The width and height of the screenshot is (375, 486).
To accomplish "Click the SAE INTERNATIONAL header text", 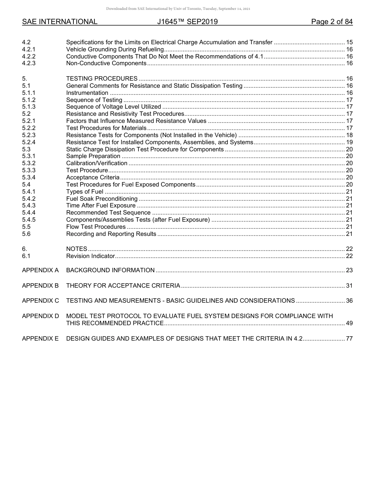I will click(x=60, y=22).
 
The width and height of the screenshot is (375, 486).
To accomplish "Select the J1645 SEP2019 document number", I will click(x=187, y=22).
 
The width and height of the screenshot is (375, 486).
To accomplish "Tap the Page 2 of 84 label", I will click(x=332, y=22).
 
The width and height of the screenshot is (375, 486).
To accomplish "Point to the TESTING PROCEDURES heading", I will click(x=102, y=79).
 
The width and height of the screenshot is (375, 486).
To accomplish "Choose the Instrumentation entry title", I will click(x=87, y=93).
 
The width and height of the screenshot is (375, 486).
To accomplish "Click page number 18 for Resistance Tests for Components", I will click(x=349, y=135).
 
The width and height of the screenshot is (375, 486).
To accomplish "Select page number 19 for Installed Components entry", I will click(x=349, y=142).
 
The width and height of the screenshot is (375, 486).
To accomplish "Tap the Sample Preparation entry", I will click(x=93, y=156).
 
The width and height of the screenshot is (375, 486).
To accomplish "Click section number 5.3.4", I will click(x=29, y=177).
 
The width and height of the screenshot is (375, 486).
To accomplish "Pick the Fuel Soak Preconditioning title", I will click(x=102, y=199).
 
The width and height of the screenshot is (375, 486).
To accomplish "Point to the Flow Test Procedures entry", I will click(x=96, y=227).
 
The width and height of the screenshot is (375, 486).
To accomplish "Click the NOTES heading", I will click(x=77, y=249).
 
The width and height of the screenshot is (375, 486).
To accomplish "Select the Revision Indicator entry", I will click(x=90, y=256).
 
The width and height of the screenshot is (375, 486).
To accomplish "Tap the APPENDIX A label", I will click(x=40, y=270).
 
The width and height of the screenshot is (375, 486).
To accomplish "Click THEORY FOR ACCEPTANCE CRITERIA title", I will click(x=123, y=286).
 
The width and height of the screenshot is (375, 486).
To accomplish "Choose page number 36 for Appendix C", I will click(x=349, y=301).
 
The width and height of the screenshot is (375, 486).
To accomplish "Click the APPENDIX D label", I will click(x=40, y=316).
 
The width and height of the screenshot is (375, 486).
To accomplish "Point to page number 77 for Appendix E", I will click(x=349, y=339).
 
